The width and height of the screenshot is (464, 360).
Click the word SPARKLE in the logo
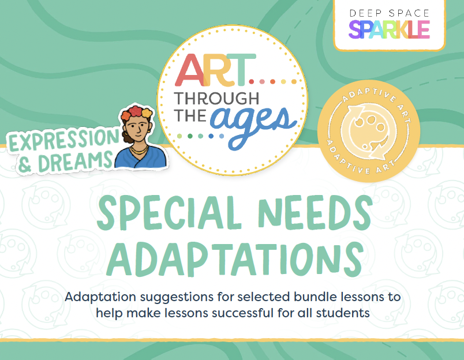click(x=389, y=29)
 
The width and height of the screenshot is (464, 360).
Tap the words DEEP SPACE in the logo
click(x=389, y=13)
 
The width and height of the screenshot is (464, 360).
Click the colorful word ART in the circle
click(x=215, y=70)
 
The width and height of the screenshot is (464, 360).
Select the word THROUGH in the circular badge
click(x=216, y=99)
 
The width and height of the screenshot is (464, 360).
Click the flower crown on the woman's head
click(x=136, y=112)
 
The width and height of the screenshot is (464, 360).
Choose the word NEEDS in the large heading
click(x=315, y=213)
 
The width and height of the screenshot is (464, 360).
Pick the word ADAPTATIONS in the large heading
click(x=235, y=259)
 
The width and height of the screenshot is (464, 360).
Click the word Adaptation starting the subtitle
click(x=100, y=297)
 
